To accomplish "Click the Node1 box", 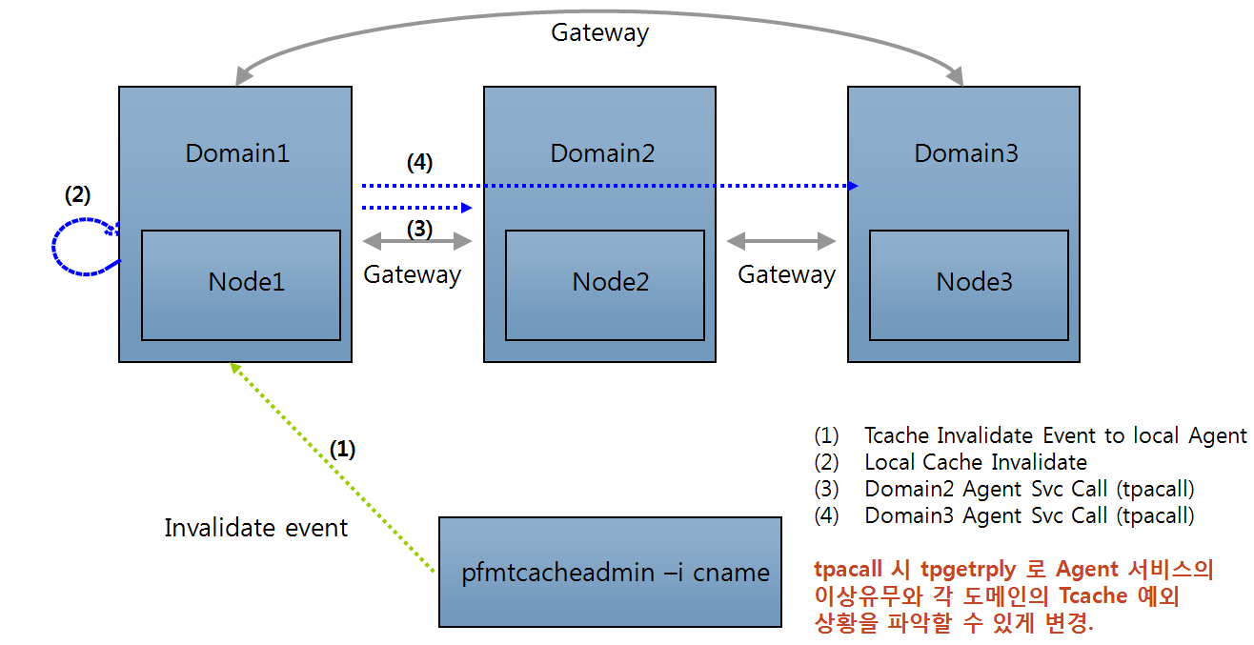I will pyautogui.click(x=241, y=284).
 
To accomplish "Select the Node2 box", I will pyautogui.click(x=605, y=284).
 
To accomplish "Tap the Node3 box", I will pyautogui.click(x=969, y=284).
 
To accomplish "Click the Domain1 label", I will pyautogui.click(x=237, y=152).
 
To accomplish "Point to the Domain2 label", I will pyautogui.click(x=602, y=152).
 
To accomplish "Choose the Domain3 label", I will pyautogui.click(x=966, y=152).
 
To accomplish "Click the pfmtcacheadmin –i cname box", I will pyautogui.click(x=609, y=572).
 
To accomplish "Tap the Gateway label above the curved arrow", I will pyautogui.click(x=599, y=32).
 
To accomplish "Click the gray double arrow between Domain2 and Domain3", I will pyautogui.click(x=780, y=242).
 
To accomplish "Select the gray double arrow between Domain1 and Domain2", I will pyautogui.click(x=416, y=242).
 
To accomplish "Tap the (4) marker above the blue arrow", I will pyautogui.click(x=419, y=163).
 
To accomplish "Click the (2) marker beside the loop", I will pyautogui.click(x=77, y=194).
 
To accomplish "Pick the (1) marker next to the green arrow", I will pyautogui.click(x=342, y=449).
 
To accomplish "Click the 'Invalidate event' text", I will pyautogui.click(x=255, y=528).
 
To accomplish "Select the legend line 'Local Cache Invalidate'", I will pyautogui.click(x=975, y=463).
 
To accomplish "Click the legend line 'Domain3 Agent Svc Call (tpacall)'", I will pyautogui.click(x=1028, y=516).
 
